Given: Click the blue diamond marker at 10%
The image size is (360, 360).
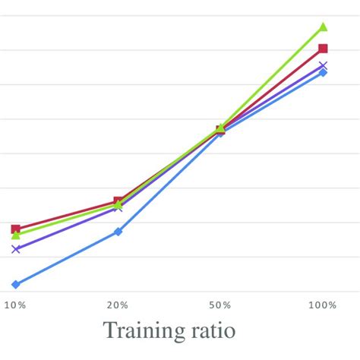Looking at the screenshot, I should click(x=15, y=284).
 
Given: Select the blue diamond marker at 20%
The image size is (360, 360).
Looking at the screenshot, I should click(x=118, y=232).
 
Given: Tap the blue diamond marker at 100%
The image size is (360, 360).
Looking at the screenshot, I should click(x=323, y=72).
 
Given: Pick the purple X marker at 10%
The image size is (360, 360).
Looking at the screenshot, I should click(x=15, y=249).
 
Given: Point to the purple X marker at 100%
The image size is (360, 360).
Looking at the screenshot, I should click(x=323, y=65).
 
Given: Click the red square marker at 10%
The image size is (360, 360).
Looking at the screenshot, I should click(x=15, y=229).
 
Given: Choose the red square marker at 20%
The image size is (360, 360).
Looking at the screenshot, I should click(x=118, y=201).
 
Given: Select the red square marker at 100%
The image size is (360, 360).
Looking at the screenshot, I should click(x=323, y=49).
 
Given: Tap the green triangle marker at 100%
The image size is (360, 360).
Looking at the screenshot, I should click(x=323, y=27).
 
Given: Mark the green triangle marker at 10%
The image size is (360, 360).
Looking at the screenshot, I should click(x=15, y=235).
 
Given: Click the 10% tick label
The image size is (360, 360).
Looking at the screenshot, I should click(x=15, y=305).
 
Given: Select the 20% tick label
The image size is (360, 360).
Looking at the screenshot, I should click(x=118, y=305).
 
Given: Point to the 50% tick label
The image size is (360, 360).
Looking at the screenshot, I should click(x=220, y=305).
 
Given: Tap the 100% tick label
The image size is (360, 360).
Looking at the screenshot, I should click(x=322, y=305).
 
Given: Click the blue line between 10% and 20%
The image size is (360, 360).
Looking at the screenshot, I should click(x=67, y=258).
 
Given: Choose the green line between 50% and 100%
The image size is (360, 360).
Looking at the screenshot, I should click(x=272, y=78).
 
